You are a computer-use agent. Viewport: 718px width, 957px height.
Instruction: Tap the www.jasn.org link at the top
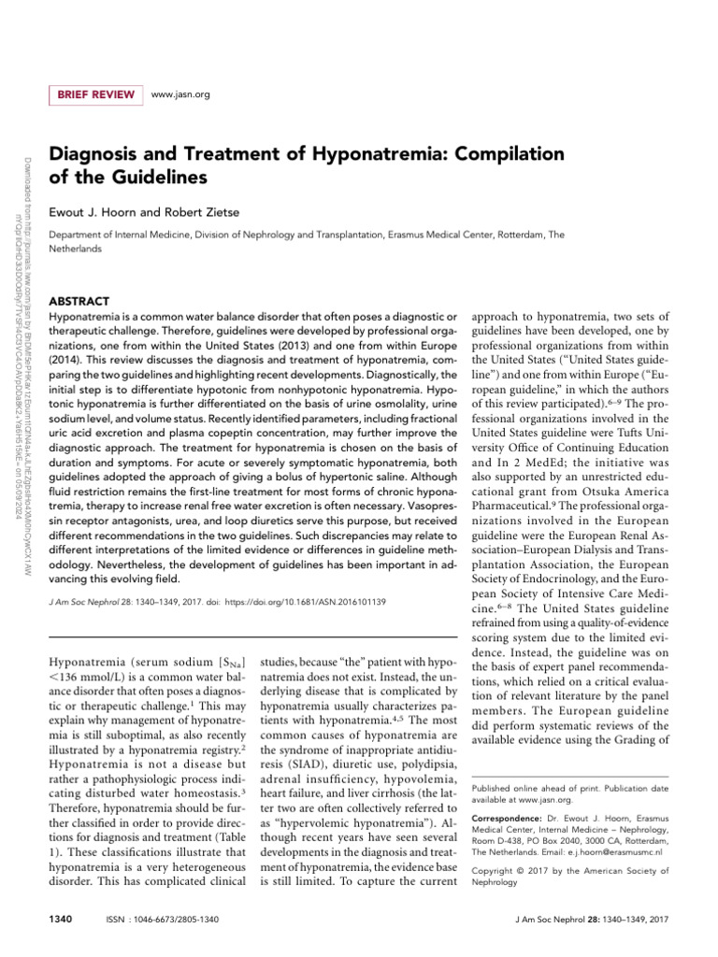[179, 94]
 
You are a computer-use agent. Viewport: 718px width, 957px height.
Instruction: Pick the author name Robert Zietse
[204, 212]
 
